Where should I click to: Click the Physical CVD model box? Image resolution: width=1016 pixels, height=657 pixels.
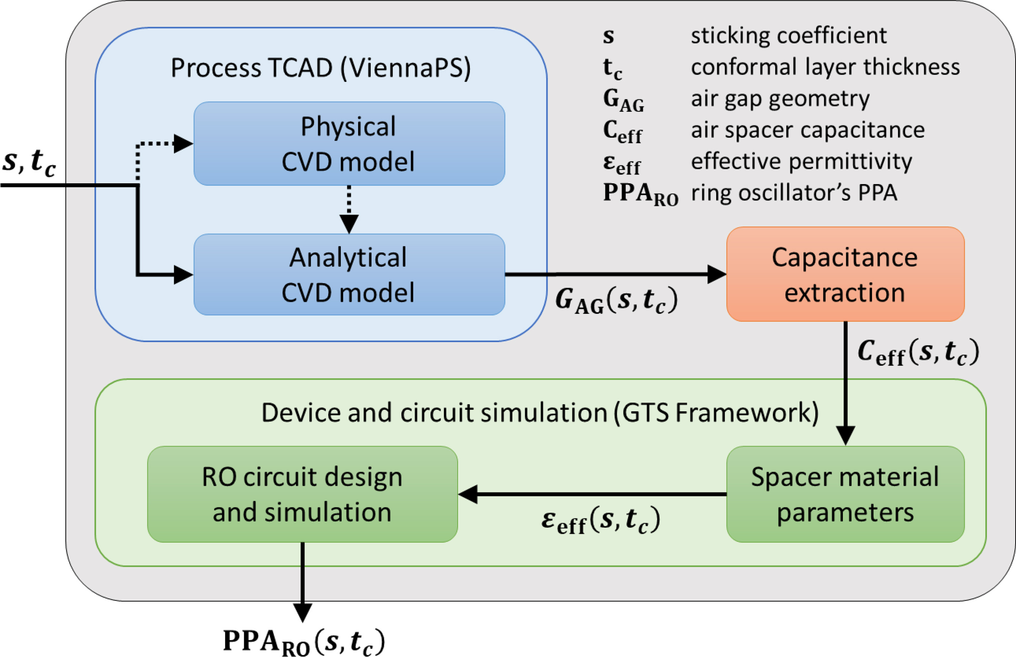pos(349,143)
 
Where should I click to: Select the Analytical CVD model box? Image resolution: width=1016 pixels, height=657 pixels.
pos(349,274)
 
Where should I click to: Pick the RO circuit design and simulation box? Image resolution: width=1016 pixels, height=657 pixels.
pos(302,494)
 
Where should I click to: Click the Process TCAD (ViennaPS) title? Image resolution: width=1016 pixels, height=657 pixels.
pos(321,68)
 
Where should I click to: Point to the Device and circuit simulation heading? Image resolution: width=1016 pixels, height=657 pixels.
pos(540,413)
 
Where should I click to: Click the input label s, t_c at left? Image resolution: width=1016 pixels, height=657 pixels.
pos(29,162)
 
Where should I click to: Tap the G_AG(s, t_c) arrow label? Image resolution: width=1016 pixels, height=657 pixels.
pos(616,300)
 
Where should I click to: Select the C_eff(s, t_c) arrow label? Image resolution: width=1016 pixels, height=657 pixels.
pos(918,352)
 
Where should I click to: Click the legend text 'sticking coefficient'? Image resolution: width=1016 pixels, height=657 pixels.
pos(789,35)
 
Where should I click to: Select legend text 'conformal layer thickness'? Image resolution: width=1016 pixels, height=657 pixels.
pos(825,67)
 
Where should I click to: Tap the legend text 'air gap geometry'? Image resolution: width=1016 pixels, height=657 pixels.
pos(780,99)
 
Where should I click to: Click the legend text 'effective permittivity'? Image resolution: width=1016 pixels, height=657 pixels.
pos(801,161)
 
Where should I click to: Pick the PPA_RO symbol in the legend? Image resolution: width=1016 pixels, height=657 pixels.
pos(640,194)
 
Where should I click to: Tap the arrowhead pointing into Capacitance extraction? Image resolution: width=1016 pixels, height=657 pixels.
pos(717,274)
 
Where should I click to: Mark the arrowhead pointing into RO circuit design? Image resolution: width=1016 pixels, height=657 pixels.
pos(468,494)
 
